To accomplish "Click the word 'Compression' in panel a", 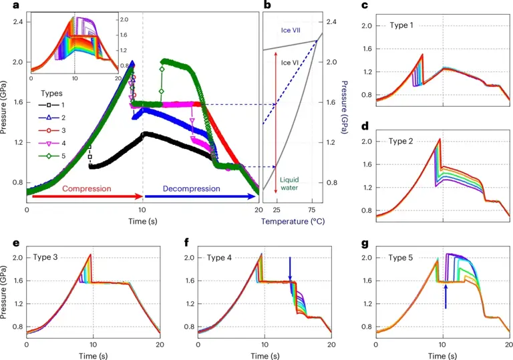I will tap(86, 188).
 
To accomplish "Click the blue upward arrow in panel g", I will tap(445, 297).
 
